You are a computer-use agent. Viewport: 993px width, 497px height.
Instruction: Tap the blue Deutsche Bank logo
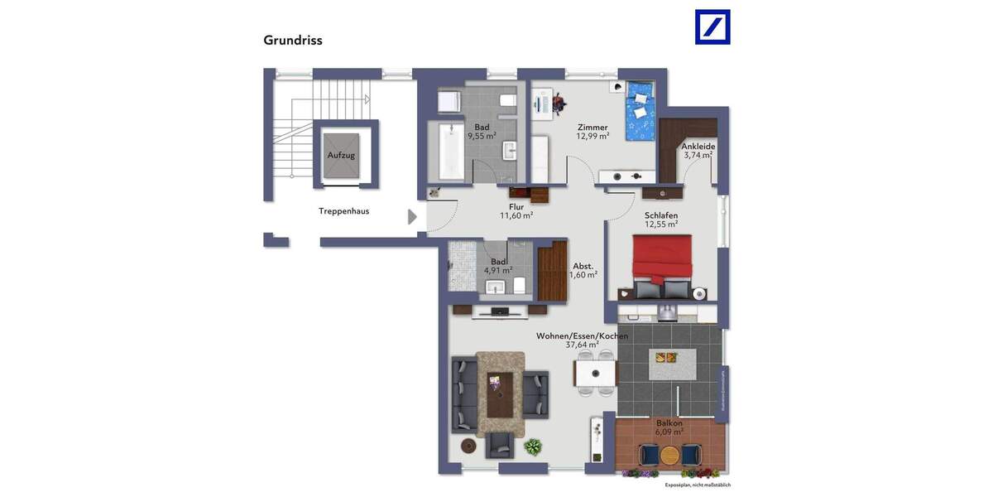pyautogui.click(x=712, y=27)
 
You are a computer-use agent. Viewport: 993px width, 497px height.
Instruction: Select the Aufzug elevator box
pyautogui.click(x=341, y=156)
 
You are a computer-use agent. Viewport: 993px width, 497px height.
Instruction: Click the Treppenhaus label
pyautogui.click(x=343, y=211)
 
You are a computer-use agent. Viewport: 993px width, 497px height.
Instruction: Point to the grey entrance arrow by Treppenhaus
pyautogui.click(x=412, y=217)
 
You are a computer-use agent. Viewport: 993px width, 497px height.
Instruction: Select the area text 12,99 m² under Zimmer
pyautogui.click(x=592, y=137)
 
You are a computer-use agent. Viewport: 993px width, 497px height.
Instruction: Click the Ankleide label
pyautogui.click(x=698, y=147)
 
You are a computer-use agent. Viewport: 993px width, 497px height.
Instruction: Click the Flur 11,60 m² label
pyautogui.click(x=516, y=211)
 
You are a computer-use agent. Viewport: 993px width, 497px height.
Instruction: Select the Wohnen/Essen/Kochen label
pyautogui.click(x=582, y=336)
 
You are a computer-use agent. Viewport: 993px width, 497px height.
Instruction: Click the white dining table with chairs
pyautogui.click(x=594, y=374)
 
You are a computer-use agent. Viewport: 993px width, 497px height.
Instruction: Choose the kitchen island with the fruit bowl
pyautogui.click(x=671, y=362)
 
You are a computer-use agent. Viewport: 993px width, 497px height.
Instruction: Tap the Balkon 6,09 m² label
pyautogui.click(x=669, y=427)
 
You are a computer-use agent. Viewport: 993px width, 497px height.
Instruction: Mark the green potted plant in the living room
pyautogui.click(x=535, y=447)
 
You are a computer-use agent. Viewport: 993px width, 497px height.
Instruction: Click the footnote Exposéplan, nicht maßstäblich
pyautogui.click(x=698, y=485)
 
